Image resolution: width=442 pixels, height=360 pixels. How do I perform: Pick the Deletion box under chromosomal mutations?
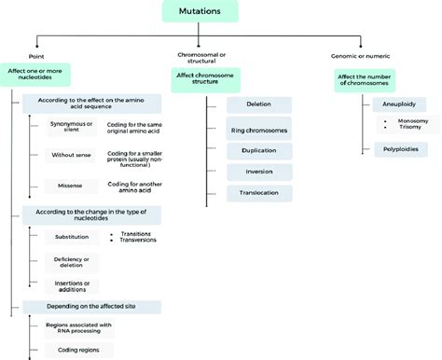pos(258,105)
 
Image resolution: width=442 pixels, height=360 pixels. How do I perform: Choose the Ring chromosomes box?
pos(258,127)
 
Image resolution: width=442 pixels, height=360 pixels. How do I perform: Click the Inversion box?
pos(258,171)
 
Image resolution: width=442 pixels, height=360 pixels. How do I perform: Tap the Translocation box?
pos(258,192)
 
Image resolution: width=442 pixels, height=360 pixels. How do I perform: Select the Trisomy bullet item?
pos(409,129)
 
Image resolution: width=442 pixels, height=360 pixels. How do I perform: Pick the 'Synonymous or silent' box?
pos(71,127)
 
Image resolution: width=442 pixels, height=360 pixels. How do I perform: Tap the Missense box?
pos(71,186)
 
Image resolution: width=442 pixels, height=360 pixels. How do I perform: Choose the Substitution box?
pos(71,237)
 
